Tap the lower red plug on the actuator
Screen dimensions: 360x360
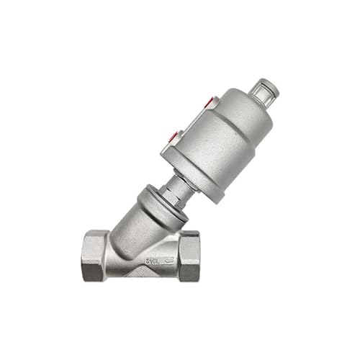coord(173,135)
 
